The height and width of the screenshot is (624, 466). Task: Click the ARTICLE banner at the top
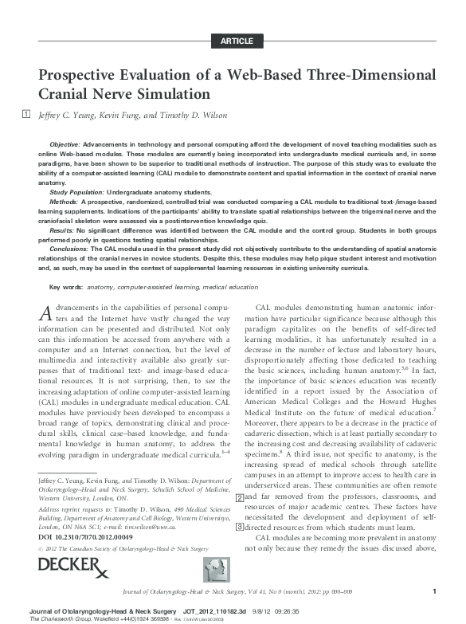tap(237, 41)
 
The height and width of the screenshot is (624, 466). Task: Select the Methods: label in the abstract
tap(64, 202)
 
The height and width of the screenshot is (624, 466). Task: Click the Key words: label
tap(66, 287)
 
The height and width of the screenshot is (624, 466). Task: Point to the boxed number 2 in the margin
tap(241, 475)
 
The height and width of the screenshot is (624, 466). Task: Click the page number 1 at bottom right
tap(433, 591)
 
